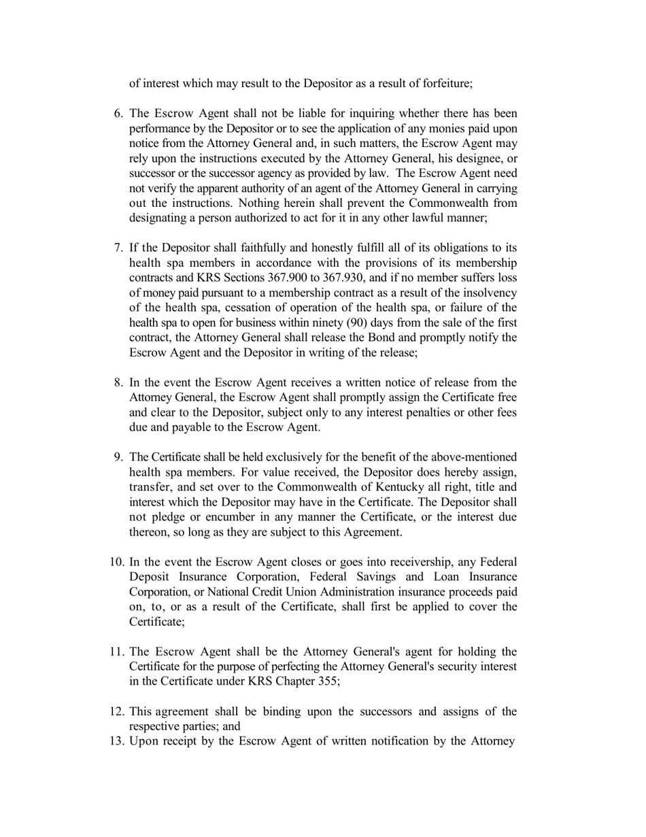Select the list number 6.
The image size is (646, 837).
pos(117,114)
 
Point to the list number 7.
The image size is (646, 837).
pos(118,248)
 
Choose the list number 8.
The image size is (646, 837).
pos(118,383)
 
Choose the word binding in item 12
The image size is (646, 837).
pos(282,712)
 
